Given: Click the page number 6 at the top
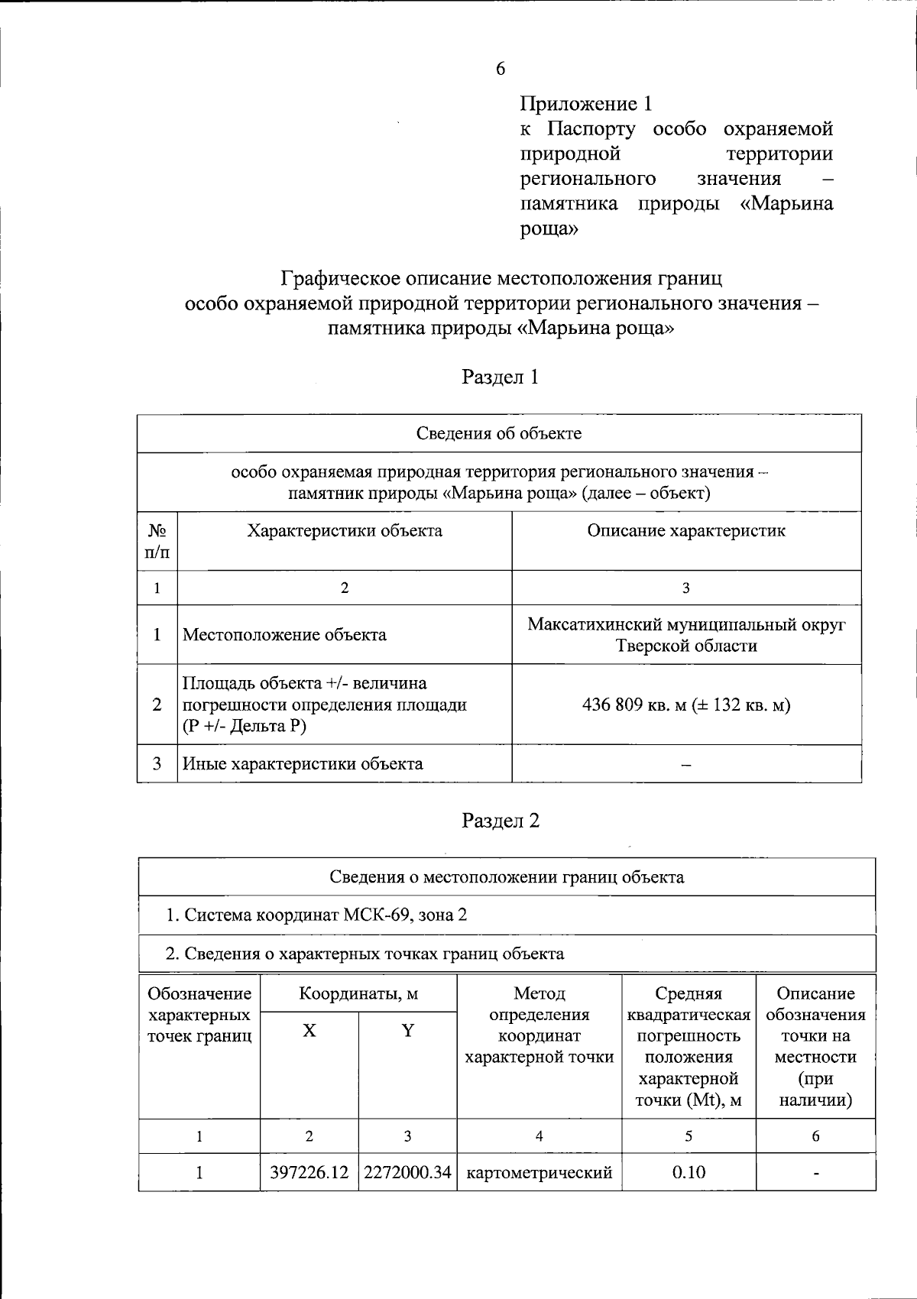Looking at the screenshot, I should click(x=500, y=69).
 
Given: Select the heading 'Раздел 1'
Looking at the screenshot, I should click(x=501, y=377).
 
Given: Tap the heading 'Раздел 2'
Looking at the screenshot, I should click(x=501, y=821).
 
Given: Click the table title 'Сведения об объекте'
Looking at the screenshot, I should click(x=499, y=433).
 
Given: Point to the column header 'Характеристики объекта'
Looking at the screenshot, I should click(x=344, y=530).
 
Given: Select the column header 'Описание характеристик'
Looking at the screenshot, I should click(x=685, y=530).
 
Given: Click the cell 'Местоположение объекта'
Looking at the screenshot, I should click(x=284, y=634).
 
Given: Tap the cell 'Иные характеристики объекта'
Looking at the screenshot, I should click(x=302, y=763).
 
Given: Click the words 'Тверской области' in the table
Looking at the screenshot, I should click(x=686, y=646).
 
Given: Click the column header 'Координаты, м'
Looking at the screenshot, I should click(x=358, y=993).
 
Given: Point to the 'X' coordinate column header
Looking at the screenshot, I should click(x=309, y=1031).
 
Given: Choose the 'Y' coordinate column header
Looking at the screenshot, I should click(x=408, y=1031).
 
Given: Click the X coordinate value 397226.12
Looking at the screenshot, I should click(x=309, y=1172).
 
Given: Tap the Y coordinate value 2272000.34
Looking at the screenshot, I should click(x=407, y=1172).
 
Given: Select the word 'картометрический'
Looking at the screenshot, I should click(x=540, y=1172).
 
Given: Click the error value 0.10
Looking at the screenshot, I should click(x=689, y=1172).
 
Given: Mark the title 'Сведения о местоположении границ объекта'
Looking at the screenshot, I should click(x=507, y=876).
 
